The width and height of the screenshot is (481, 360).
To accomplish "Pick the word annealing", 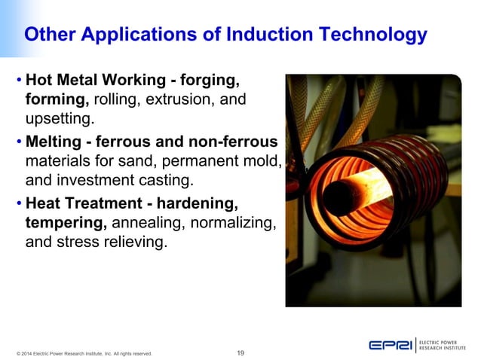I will pyautogui.click(x=152, y=223).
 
